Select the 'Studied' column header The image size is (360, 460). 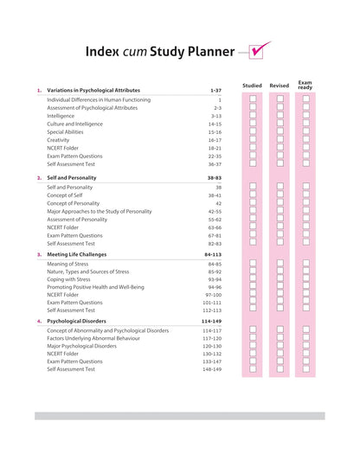252,86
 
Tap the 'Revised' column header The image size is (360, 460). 280,86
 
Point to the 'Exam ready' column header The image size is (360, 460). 305,86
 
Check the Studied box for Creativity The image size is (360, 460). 253,139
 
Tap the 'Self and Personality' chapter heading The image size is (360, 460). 72,177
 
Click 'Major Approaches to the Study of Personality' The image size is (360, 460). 99,211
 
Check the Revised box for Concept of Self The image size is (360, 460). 280,195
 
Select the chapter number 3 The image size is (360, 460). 38,255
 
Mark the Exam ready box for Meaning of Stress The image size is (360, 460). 306,264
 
